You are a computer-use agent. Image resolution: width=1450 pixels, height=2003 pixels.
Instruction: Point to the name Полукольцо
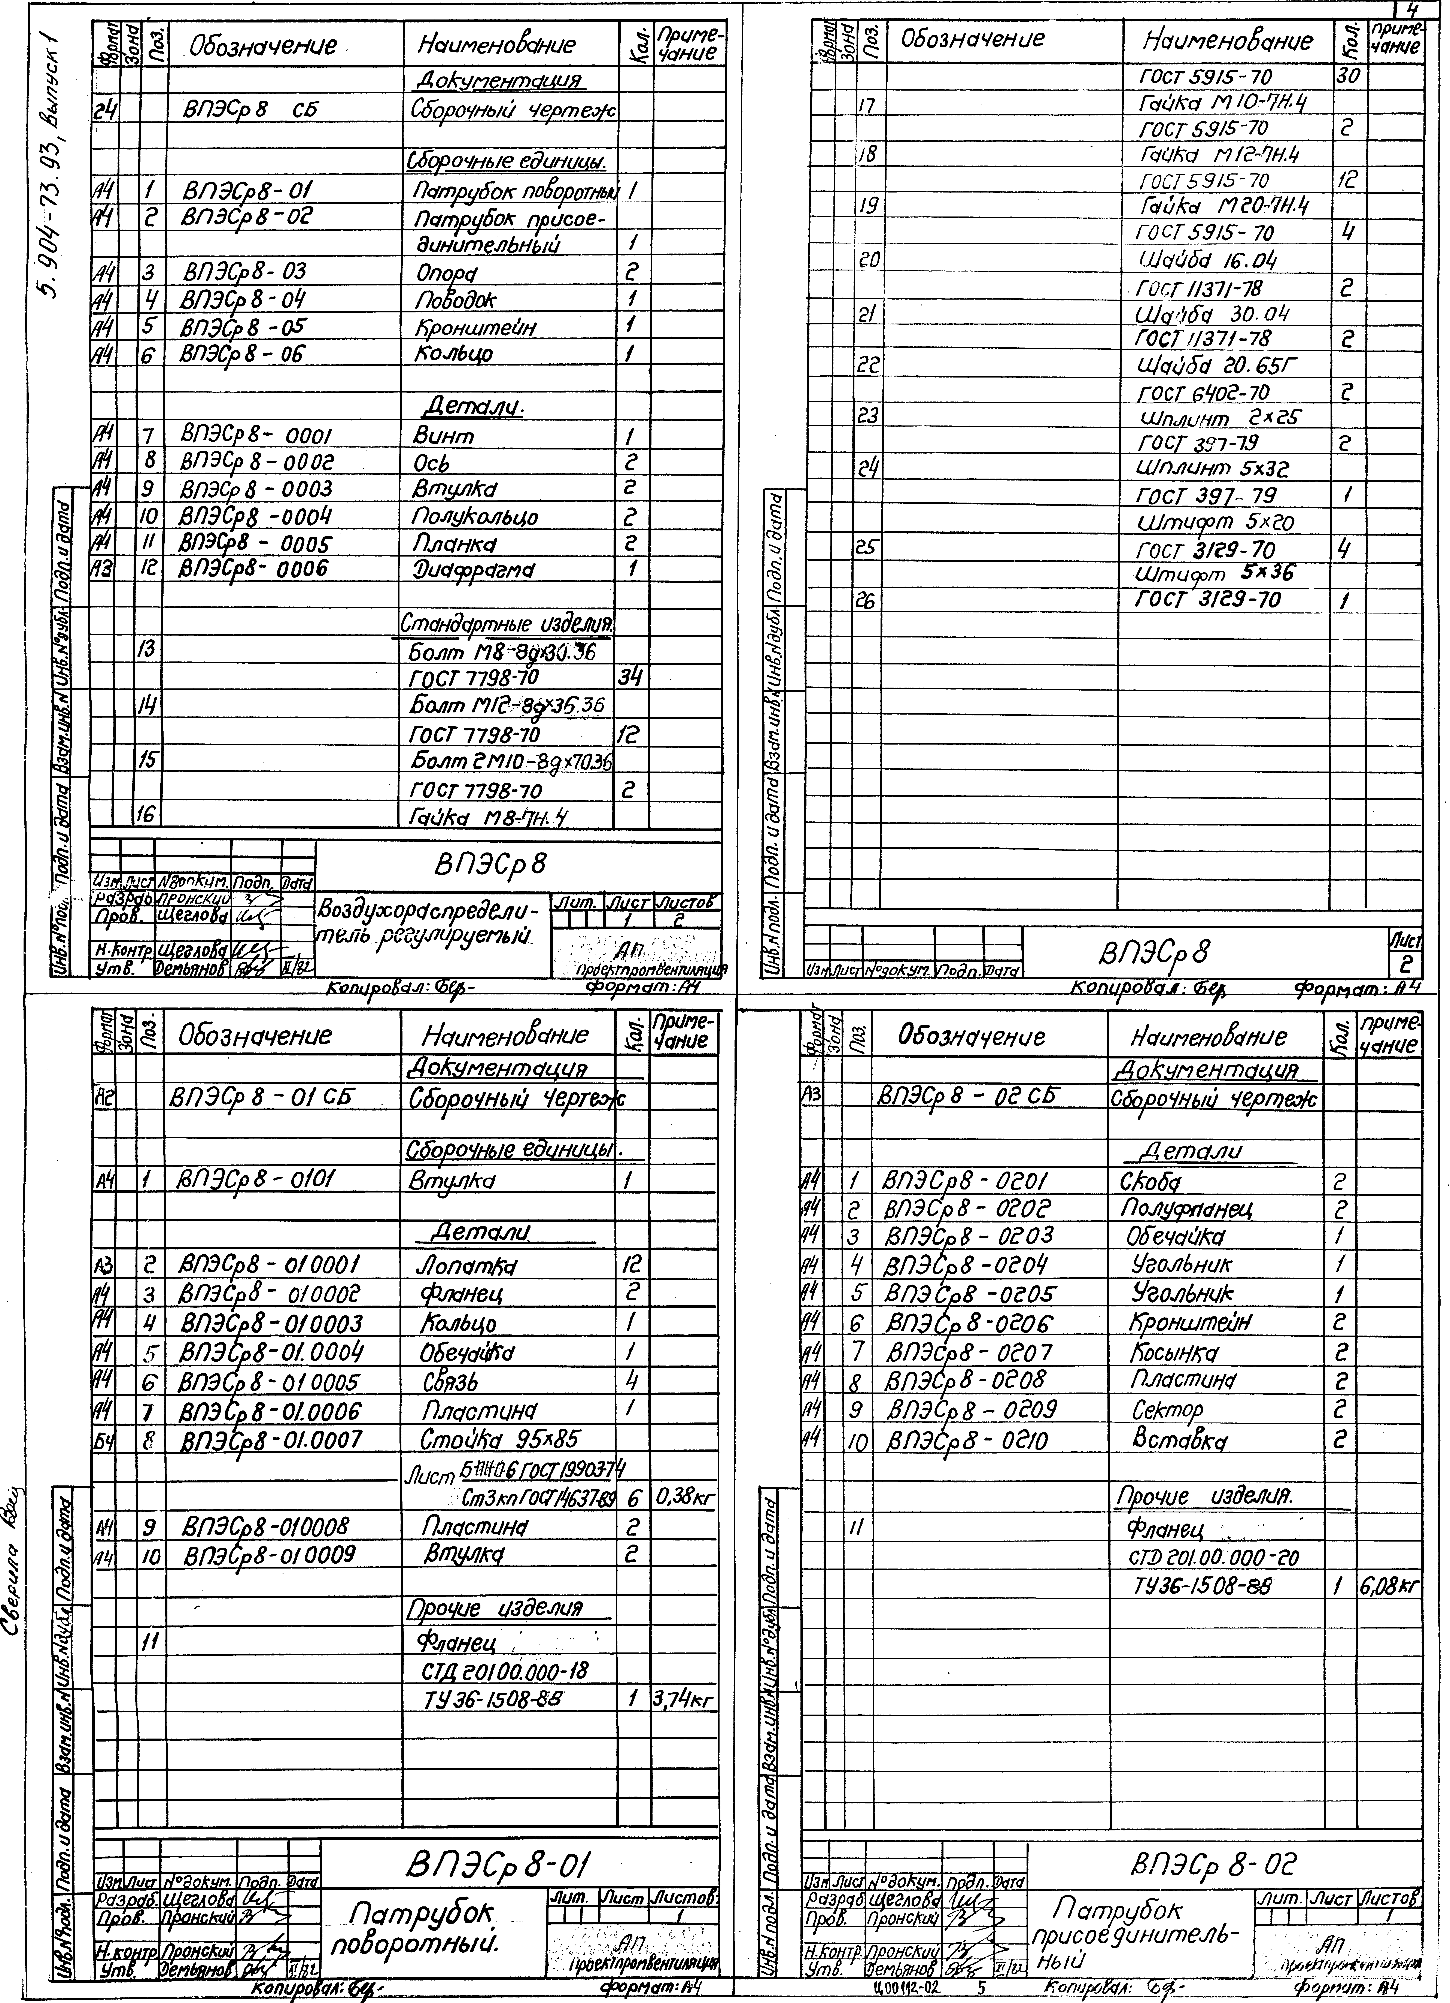pos(475,517)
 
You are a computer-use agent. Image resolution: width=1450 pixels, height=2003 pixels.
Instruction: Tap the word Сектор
pos(1167,1410)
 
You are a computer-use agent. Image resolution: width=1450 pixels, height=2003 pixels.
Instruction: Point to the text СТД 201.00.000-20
pos(1214,1557)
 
